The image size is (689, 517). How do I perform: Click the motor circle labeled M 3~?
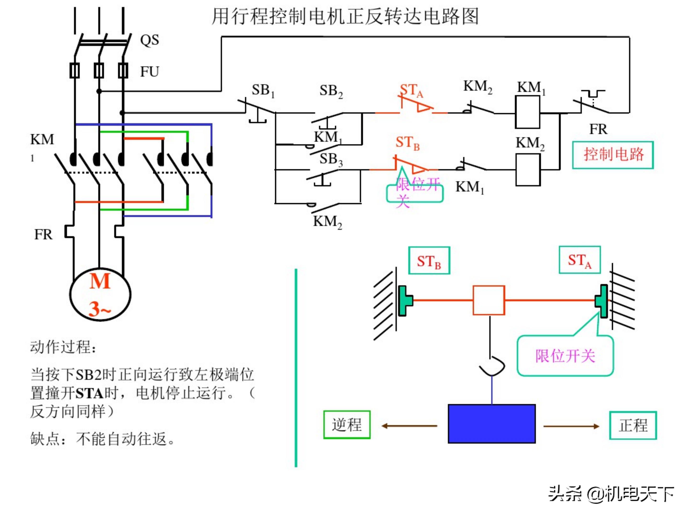click(x=100, y=294)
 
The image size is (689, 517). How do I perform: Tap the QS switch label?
click(x=150, y=40)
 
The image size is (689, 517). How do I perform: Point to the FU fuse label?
click(x=150, y=72)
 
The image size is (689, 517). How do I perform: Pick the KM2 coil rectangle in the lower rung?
click(x=528, y=170)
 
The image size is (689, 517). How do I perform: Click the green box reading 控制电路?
click(x=613, y=155)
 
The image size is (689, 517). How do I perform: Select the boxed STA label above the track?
click(x=579, y=260)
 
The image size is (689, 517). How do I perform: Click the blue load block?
click(x=492, y=424)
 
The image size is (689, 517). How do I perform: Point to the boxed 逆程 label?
click(x=347, y=425)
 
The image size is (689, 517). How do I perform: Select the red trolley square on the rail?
click(x=489, y=300)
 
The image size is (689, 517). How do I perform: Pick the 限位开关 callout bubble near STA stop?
click(x=565, y=356)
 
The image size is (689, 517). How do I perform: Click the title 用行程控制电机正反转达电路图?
click(x=345, y=17)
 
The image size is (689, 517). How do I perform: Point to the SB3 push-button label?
click(x=331, y=159)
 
